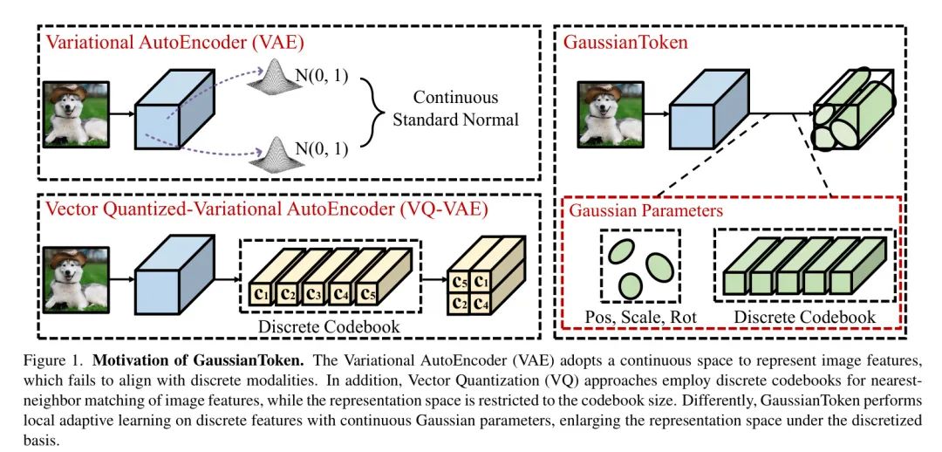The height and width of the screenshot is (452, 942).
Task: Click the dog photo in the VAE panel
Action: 78,113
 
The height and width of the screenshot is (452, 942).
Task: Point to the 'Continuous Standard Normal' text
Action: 455,107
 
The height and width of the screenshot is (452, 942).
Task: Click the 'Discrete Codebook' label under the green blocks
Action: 803,316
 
